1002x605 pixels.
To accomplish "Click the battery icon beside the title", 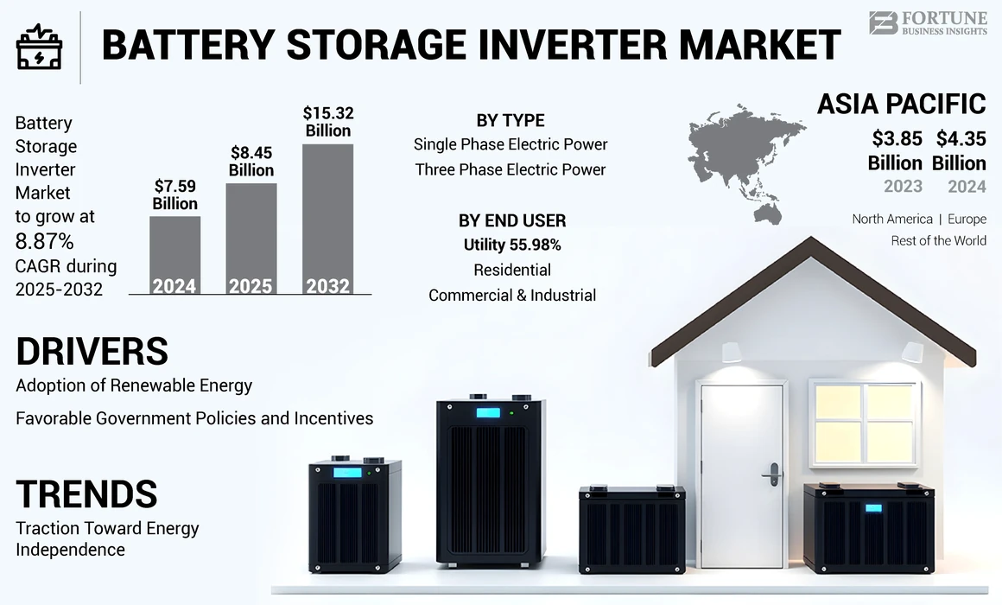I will [39, 48].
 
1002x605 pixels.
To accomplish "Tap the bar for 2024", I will [174, 256].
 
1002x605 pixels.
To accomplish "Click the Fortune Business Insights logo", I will [927, 23].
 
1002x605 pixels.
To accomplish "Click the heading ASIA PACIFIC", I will [901, 105].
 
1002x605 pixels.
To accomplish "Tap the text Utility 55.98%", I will [512, 245].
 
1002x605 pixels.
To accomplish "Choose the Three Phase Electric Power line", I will [511, 169].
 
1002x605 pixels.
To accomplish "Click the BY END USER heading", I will [512, 220].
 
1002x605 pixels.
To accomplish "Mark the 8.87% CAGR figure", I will [44, 240].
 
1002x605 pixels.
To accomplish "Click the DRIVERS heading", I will [92, 351].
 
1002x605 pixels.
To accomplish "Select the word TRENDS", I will [86, 494].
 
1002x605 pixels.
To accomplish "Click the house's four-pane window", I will [864, 423].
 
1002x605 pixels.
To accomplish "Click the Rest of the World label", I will [938, 241].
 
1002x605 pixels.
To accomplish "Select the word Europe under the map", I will [967, 219].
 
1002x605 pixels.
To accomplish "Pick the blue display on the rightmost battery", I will [873, 508].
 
